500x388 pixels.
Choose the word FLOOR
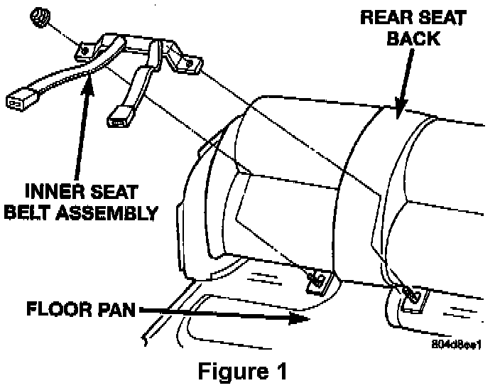pos(59,310)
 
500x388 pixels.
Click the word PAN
pos(117,310)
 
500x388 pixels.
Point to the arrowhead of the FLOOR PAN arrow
pos(303,320)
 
